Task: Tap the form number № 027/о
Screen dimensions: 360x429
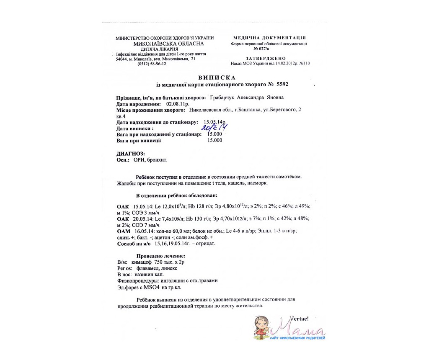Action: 269,49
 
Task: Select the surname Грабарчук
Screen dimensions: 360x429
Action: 221,98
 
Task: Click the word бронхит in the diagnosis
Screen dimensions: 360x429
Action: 157,160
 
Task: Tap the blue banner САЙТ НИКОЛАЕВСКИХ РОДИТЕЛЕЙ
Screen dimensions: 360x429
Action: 297,337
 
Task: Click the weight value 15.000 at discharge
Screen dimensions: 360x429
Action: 215,140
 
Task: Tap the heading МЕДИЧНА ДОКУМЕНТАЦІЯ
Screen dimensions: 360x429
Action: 269,38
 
